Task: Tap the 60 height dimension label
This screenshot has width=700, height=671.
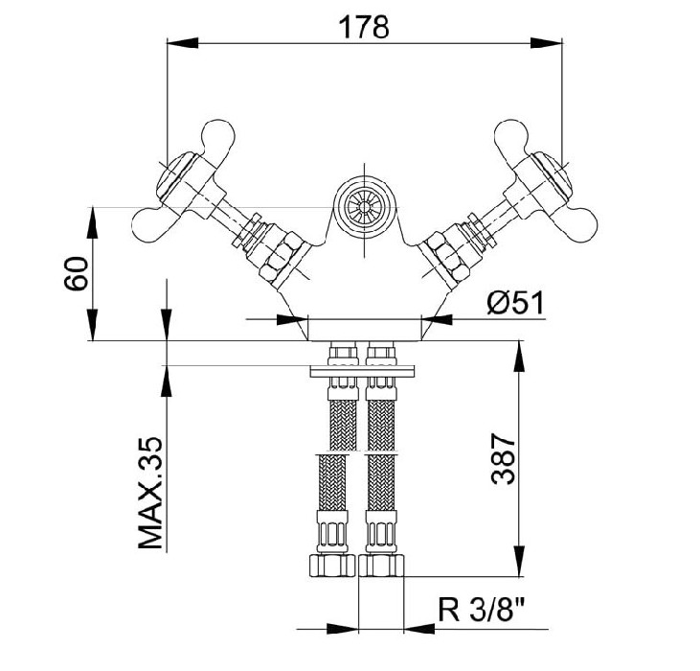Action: coord(76,273)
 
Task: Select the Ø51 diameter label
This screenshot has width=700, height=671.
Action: coord(515,303)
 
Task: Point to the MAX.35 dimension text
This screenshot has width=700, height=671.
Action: coord(150,493)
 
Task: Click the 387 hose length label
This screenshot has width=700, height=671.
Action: coord(503,458)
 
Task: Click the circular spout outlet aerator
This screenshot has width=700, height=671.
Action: coord(365,207)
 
